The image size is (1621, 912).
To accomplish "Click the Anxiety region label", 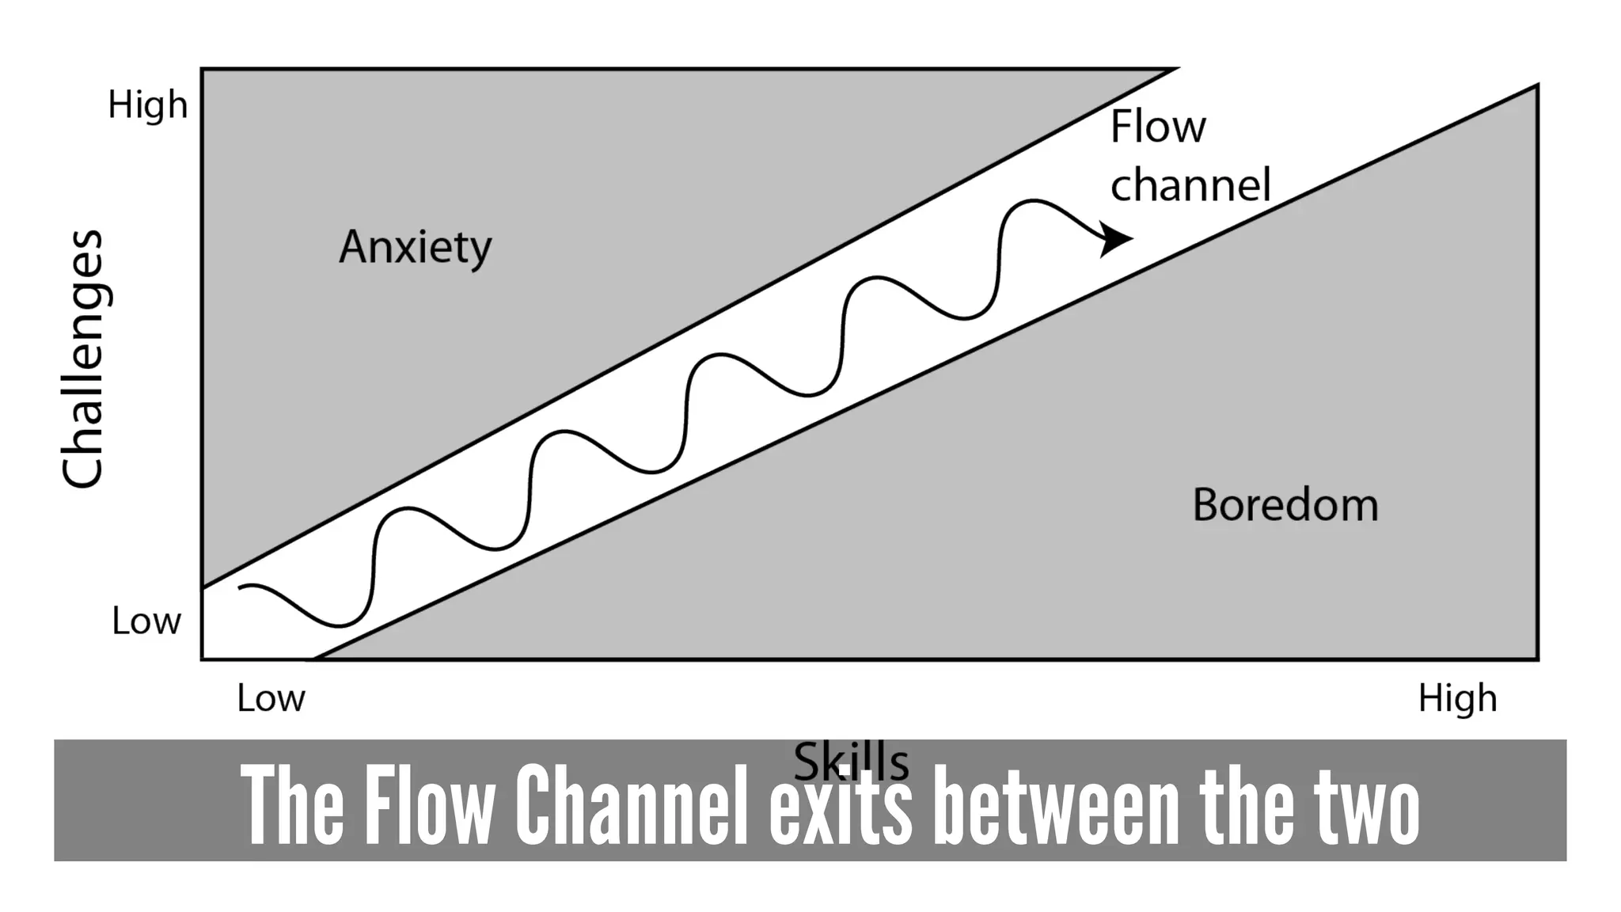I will [416, 247].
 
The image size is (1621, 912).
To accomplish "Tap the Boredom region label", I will [1285, 505].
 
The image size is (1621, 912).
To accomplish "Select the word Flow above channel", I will [1158, 127].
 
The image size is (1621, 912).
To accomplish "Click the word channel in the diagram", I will [1190, 185].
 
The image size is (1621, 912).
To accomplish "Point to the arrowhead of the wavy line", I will [1118, 238].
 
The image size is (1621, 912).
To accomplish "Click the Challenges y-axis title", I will [82, 359].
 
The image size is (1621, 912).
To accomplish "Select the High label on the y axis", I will [148, 105].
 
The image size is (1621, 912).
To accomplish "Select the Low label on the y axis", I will [146, 621].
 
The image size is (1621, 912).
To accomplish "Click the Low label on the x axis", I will [271, 699].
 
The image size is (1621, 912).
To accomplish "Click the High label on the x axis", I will [1457, 699].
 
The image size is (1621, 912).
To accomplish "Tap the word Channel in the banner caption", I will [632, 805].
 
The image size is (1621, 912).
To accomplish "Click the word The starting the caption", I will [293, 805].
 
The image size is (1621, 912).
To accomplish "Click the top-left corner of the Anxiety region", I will [204, 71].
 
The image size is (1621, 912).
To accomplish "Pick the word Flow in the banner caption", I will [429, 805].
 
